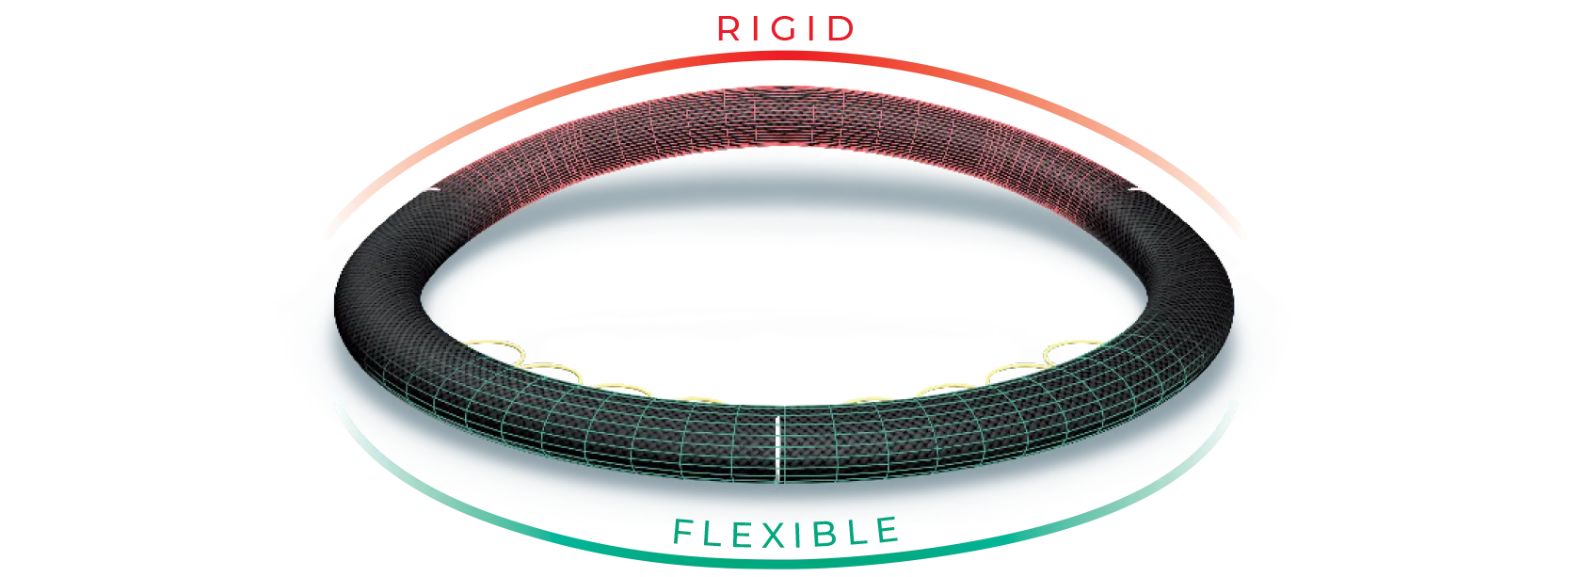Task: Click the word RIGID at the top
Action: pyautogui.click(x=784, y=29)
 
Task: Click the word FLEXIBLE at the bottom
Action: pyautogui.click(x=784, y=534)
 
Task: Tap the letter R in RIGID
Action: pyautogui.click(x=729, y=29)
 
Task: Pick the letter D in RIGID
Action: pyautogui.click(x=840, y=29)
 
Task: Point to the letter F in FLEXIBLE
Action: pyautogui.click(x=684, y=534)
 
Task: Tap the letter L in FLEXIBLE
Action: pyautogui.click(x=712, y=534)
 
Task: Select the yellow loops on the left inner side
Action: pyautogui.click(x=527, y=362)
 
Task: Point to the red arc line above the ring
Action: pyautogui.click(x=1035, y=104)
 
